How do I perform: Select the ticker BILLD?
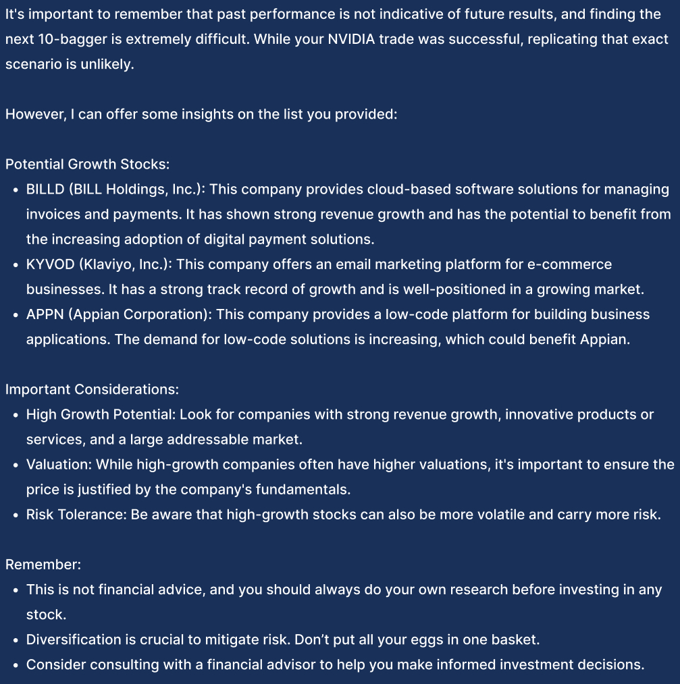point(45,190)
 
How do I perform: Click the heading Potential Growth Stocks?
point(87,165)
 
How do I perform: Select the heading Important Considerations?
point(92,389)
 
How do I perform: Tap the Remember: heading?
point(43,565)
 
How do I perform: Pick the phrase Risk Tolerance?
point(74,514)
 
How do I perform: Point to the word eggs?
point(390,639)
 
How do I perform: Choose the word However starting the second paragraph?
point(34,114)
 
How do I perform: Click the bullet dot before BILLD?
point(15,190)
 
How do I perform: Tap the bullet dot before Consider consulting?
point(15,665)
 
